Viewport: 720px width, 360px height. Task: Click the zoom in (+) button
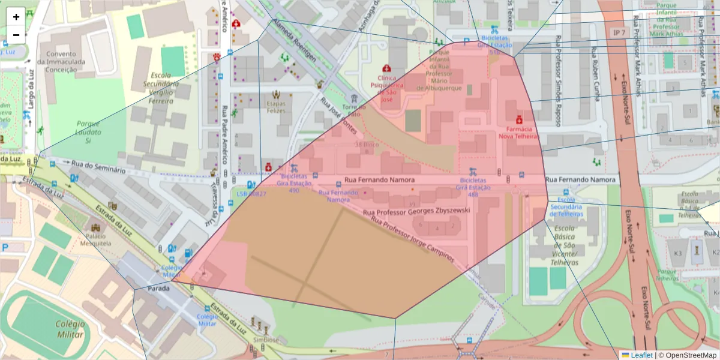click(16, 17)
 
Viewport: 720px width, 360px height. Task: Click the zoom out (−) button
click(16, 35)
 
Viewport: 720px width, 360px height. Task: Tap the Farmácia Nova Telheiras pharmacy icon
click(519, 120)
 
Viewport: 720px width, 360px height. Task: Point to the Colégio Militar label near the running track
click(70, 329)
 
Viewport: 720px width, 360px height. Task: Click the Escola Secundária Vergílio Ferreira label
click(161, 88)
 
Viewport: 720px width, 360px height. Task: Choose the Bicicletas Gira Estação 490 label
click(294, 184)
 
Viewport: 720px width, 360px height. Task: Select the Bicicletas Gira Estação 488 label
click(473, 187)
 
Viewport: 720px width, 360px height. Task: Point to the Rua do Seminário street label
click(98, 167)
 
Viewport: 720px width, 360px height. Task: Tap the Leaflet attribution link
click(641, 355)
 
